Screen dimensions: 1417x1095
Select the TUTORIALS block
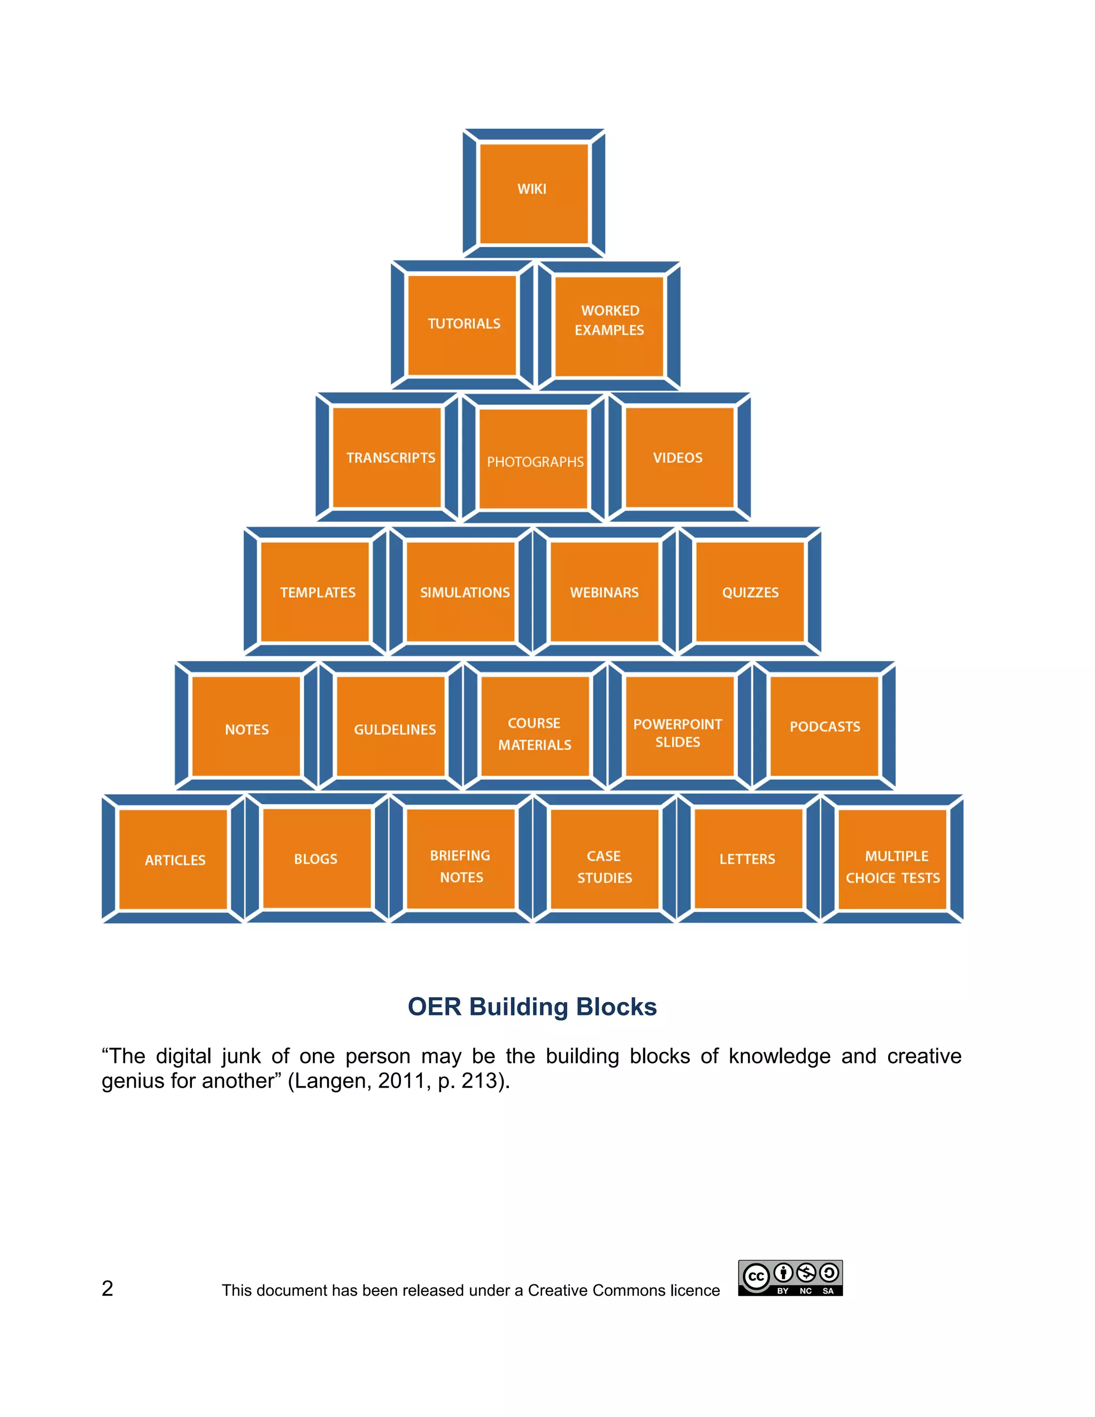[462, 325]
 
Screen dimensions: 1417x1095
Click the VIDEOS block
[678, 458]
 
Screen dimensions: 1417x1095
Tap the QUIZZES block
[750, 592]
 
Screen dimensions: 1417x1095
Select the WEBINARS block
[605, 592]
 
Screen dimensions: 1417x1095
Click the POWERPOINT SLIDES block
[678, 727]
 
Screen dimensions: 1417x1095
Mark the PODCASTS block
[824, 727]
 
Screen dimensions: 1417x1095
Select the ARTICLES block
[174, 860]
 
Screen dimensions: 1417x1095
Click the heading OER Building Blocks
[532, 1007]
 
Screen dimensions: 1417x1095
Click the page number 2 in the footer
[107, 1289]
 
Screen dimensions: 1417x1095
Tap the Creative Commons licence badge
[790, 1278]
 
